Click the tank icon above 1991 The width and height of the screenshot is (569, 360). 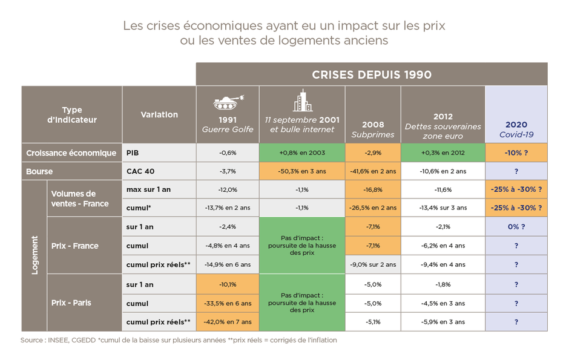tap(227, 100)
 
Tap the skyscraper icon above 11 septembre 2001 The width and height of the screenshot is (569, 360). tap(302, 100)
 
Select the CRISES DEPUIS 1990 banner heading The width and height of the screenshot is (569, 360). tap(372, 74)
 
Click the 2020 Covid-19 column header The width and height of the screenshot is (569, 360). tap(516, 129)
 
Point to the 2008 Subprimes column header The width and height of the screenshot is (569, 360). tap(373, 129)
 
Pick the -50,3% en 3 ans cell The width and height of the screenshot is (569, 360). tap(302, 171)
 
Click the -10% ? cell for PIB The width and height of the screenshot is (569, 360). tap(516, 152)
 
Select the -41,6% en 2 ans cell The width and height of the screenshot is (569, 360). tap(373, 171)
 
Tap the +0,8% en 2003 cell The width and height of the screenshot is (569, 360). tap(302, 152)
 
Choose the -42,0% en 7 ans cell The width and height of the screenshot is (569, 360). tap(228, 322)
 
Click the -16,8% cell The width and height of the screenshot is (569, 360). tap(373, 189)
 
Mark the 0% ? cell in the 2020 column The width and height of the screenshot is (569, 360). tap(516, 227)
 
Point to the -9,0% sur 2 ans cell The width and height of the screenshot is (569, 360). tap(373, 264)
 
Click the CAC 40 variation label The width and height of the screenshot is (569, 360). tap(140, 171)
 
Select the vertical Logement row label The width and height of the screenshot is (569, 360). tap(35, 255)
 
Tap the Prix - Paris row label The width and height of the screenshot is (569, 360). tap(71, 303)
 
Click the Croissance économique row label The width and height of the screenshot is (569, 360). tap(71, 152)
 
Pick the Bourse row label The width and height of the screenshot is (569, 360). tap(40, 171)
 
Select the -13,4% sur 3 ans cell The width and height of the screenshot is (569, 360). tap(443, 208)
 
